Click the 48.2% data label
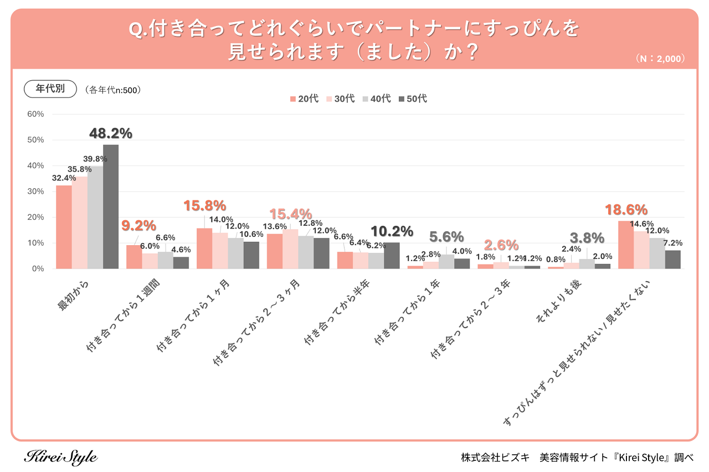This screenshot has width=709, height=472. (110, 133)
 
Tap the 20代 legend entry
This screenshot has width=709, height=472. (304, 98)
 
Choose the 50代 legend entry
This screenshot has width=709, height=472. (413, 98)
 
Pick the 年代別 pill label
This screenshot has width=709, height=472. (50, 89)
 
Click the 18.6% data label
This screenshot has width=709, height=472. (626, 210)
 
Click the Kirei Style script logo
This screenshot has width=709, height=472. (61, 457)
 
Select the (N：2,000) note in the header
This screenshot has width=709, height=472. (660, 58)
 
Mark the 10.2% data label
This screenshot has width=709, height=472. (391, 231)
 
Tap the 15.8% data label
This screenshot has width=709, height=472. (204, 206)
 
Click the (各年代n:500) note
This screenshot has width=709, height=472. (113, 89)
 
